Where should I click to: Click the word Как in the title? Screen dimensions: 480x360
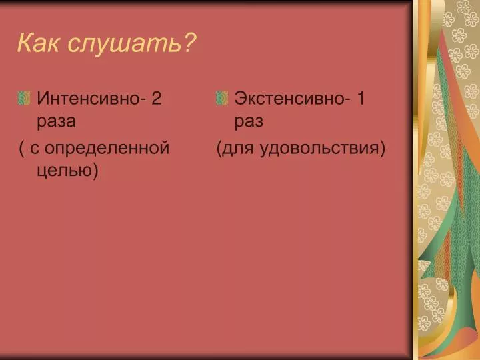click(x=37, y=43)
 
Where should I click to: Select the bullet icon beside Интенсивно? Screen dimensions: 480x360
click(x=24, y=98)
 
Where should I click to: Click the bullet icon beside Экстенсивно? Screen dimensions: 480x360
click(x=222, y=98)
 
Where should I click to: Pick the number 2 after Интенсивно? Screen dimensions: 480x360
click(x=156, y=98)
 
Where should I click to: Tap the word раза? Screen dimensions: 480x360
click(x=56, y=121)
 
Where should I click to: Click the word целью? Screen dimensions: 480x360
click(x=64, y=170)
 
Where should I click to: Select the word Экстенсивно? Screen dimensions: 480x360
click(x=289, y=98)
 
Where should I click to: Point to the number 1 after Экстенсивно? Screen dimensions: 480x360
click(x=361, y=98)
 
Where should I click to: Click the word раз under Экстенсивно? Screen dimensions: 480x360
click(x=249, y=121)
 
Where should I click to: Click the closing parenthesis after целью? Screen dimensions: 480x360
click(x=95, y=170)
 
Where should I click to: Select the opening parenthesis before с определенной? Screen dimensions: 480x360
click(x=22, y=149)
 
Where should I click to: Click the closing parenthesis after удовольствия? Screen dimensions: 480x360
click(x=382, y=149)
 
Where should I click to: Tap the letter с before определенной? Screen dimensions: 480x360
click(x=35, y=149)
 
